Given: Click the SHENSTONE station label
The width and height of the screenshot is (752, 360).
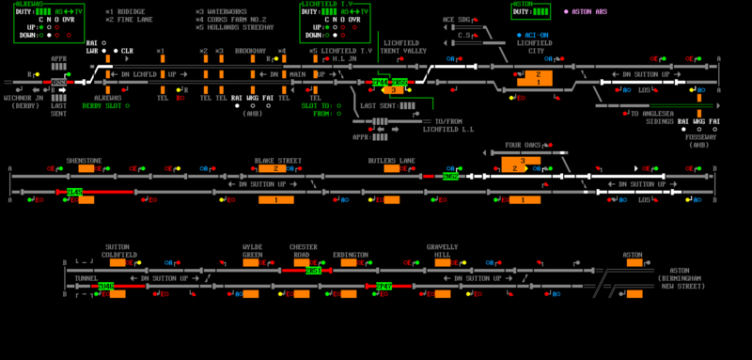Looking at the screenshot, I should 84,161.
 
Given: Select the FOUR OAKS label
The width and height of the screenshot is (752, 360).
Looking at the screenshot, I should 525,146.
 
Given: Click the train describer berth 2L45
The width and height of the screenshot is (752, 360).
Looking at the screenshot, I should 75,192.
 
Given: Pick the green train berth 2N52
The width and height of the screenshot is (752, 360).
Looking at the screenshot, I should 451,176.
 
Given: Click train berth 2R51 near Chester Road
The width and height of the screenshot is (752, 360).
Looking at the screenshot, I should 314,271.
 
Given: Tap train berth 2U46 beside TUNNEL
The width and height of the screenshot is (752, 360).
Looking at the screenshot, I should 106,286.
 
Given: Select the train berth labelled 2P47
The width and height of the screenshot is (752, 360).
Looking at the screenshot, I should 384,286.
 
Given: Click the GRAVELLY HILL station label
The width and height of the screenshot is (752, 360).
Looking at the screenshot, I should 443,251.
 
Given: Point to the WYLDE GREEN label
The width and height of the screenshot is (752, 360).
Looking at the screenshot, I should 253,251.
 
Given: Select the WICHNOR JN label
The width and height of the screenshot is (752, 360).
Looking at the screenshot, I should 23,97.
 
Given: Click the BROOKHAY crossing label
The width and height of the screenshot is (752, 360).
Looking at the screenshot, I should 250,51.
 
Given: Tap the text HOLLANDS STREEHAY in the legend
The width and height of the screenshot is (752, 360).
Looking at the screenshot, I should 240,26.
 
